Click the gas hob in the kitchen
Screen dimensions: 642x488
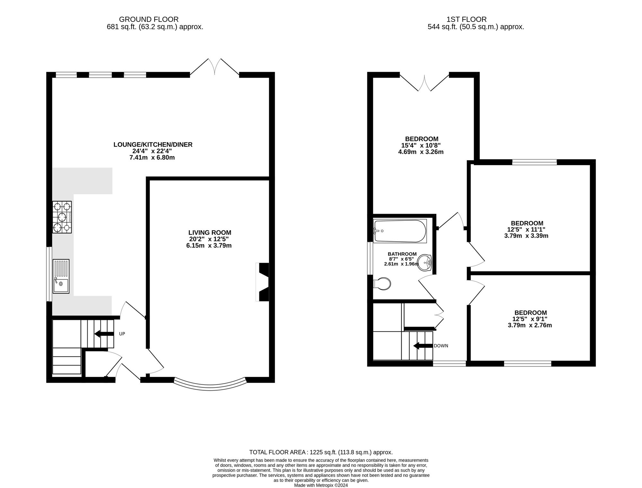[x=62, y=217]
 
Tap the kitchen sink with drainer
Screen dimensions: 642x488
[x=61, y=276]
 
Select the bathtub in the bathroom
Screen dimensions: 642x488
[x=400, y=231]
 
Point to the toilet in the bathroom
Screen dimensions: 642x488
[x=382, y=284]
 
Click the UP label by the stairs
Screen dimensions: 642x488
[x=122, y=334]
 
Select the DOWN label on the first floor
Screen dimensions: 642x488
[x=441, y=346]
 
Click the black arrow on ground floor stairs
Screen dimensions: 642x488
[x=104, y=334]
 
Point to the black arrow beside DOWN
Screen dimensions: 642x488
[x=423, y=346]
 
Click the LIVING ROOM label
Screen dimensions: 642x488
[x=210, y=233]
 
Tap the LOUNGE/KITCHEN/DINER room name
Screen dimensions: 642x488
[x=153, y=145]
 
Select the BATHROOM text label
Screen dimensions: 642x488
[x=402, y=254]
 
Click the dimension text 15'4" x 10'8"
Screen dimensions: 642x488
[x=421, y=145]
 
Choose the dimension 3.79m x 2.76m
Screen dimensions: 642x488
[x=530, y=325]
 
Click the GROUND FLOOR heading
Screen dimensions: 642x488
[x=149, y=20]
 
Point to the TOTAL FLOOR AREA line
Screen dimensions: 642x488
[x=321, y=452]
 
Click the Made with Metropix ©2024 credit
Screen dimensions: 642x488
[x=321, y=485]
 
